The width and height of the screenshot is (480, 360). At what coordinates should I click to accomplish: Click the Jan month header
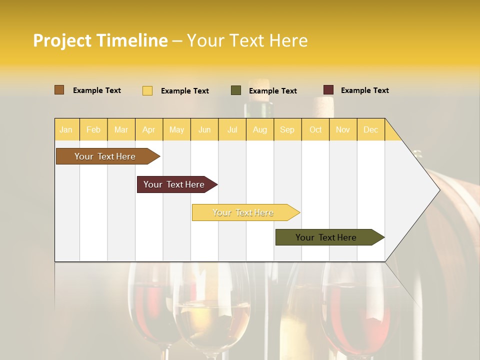[x=66, y=129]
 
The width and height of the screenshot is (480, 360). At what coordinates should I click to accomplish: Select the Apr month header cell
[x=148, y=129]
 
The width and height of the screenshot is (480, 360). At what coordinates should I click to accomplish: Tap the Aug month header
[x=259, y=129]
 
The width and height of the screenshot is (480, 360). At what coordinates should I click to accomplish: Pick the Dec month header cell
[x=370, y=129]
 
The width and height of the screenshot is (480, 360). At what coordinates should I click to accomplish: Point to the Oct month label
[x=315, y=129]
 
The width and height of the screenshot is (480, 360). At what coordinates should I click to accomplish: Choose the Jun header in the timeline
[x=204, y=129]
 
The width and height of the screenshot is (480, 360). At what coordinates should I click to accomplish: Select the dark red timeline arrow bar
[x=175, y=184]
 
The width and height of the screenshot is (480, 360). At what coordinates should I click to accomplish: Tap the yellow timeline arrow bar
[x=243, y=212]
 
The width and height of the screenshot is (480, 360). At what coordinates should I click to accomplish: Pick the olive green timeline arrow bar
[x=327, y=237]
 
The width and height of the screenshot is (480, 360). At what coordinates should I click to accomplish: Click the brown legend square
[x=59, y=90]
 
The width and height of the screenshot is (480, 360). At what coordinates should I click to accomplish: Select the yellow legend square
[x=147, y=90]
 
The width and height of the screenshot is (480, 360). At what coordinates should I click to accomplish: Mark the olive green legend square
[x=236, y=90]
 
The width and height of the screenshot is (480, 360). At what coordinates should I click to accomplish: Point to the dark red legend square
[x=328, y=90]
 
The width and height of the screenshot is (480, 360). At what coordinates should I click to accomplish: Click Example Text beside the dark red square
[x=364, y=90]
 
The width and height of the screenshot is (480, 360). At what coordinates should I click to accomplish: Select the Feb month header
[x=93, y=129]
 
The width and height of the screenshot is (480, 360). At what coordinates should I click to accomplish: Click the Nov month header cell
[x=343, y=129]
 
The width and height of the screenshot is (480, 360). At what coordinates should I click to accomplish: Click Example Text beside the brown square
[x=97, y=90]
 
